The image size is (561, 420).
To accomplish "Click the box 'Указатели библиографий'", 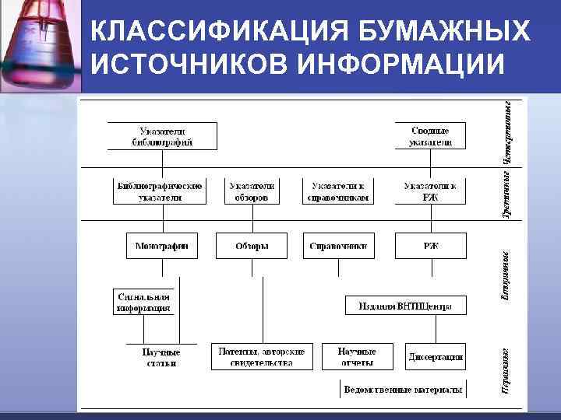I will coord(162,136).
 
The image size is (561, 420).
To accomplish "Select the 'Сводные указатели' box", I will coord(430,136).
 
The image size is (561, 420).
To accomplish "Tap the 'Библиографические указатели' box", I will coord(160,191).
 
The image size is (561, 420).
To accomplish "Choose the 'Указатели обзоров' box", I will coord(252,191).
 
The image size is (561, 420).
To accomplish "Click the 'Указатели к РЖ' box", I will coord(430,191).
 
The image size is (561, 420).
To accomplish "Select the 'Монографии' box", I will coord(162,246).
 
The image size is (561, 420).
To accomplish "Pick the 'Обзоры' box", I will coord(252,246).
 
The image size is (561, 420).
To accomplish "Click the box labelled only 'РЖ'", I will coord(430,246).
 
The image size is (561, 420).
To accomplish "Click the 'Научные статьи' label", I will coord(161,357).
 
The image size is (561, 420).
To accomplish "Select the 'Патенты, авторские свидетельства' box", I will coord(262,356).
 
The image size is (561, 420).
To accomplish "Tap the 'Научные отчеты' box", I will coord(357,356).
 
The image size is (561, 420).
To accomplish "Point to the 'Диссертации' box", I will coord(436,357).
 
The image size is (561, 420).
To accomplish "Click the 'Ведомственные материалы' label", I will coord(403,389).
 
